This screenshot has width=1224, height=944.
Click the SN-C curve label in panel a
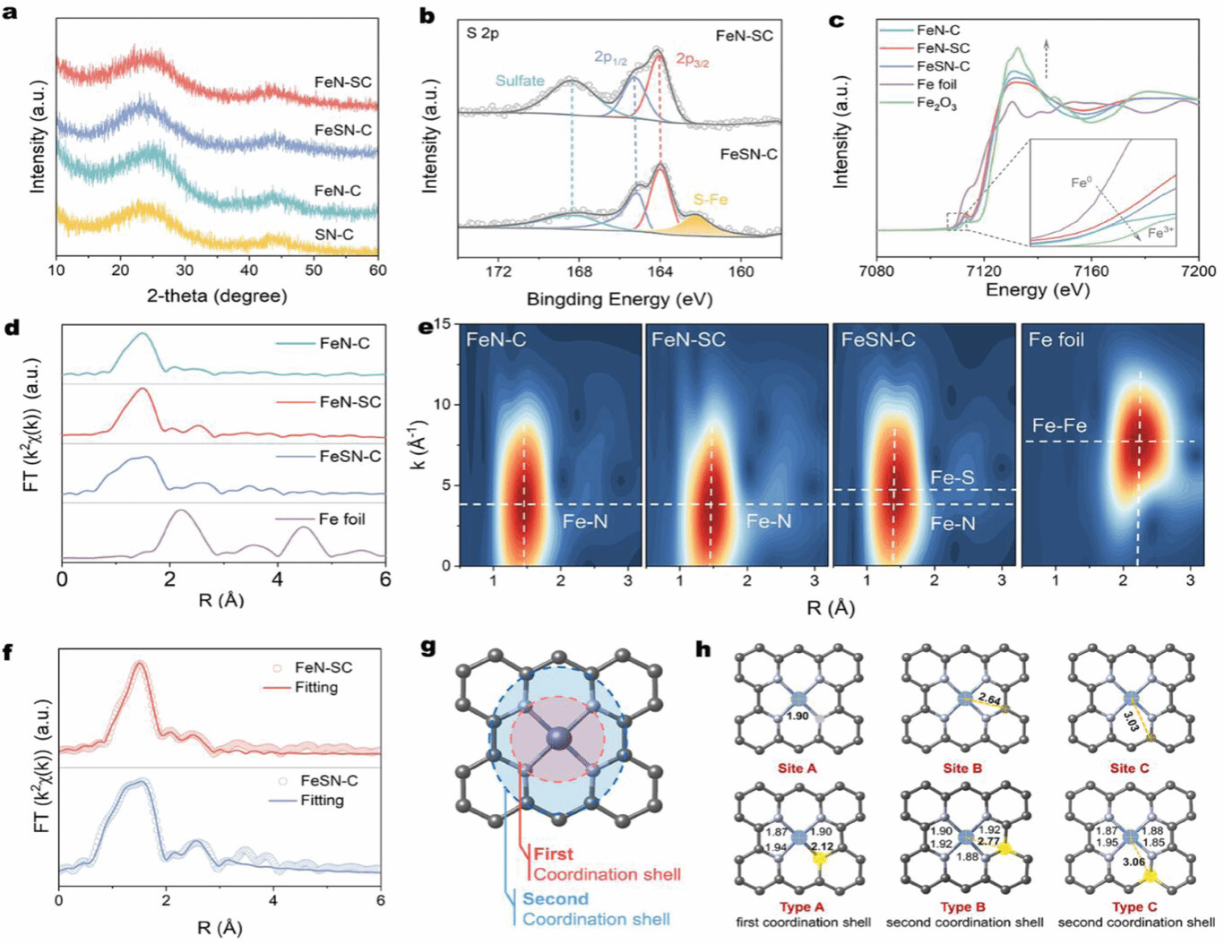(x=333, y=235)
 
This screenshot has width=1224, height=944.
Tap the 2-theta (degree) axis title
(x=217, y=296)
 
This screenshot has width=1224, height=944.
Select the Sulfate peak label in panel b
(x=520, y=81)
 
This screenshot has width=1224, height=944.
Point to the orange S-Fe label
(x=710, y=200)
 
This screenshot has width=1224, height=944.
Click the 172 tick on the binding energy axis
(x=498, y=272)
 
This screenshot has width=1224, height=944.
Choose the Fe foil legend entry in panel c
(x=936, y=84)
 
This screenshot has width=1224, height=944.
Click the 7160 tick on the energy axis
(x=1090, y=270)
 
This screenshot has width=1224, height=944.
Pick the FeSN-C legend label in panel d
(x=349, y=457)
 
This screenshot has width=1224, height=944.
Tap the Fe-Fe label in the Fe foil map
(x=1059, y=425)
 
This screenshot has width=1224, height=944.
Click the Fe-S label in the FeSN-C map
(x=952, y=477)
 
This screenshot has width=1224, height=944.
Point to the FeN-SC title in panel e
(x=688, y=339)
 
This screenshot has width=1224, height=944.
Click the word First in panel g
(x=553, y=854)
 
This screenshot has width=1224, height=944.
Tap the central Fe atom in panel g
(x=558, y=737)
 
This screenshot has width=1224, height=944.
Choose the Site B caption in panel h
(x=963, y=768)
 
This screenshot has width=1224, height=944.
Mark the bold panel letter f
(x=8, y=651)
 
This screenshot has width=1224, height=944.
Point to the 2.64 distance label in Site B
(x=989, y=699)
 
